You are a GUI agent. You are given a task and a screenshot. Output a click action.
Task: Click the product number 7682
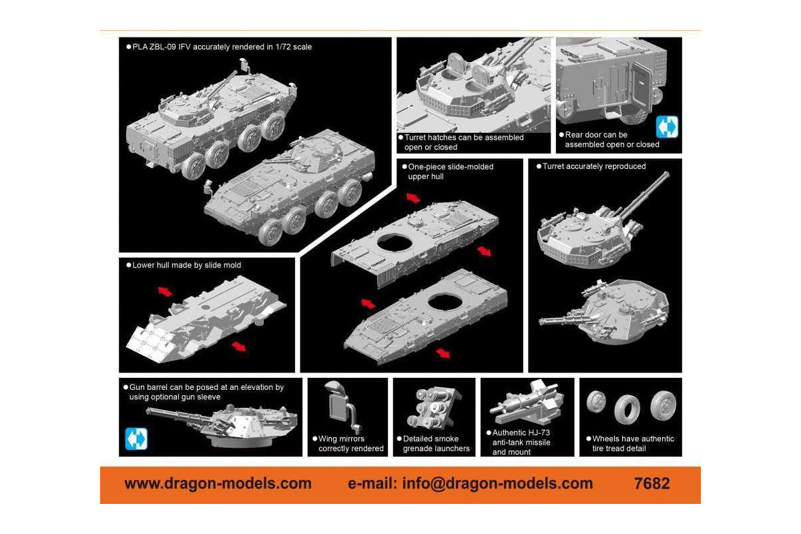(651, 483)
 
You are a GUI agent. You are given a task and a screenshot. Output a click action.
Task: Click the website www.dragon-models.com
(218, 483)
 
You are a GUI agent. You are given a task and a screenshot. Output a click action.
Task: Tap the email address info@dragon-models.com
(497, 483)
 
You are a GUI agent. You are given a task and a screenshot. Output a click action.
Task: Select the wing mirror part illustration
(343, 407)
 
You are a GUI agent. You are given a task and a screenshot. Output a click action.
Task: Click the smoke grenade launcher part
(434, 408)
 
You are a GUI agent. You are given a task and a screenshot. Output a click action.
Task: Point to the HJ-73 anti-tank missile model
(527, 403)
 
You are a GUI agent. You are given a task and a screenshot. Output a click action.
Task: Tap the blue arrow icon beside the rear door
(667, 127)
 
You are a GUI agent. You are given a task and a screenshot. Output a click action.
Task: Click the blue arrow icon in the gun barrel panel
(136, 439)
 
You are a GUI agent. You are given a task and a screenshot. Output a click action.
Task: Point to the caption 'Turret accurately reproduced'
(594, 166)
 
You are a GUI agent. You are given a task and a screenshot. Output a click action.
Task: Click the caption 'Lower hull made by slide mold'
(187, 265)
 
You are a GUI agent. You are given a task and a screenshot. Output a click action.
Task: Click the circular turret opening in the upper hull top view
(394, 242)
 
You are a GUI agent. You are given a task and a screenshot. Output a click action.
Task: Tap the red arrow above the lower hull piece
(165, 291)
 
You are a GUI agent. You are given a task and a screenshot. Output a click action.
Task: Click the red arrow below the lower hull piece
(239, 346)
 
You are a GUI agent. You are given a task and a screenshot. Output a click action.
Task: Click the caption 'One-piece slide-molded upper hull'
(451, 172)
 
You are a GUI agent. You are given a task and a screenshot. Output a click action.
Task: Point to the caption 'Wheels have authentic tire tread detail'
(633, 443)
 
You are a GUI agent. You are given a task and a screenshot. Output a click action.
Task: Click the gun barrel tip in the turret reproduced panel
(667, 174)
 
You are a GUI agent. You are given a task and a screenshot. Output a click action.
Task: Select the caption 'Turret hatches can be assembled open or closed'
(464, 142)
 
